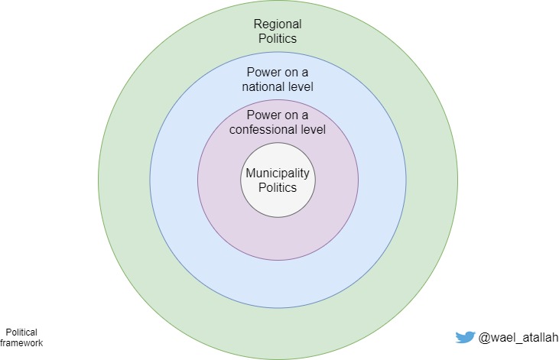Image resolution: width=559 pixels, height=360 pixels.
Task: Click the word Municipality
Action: (x=278, y=173)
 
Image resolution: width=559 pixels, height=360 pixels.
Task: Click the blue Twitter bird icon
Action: (x=464, y=337)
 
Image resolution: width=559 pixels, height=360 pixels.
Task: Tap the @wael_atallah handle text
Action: (x=518, y=337)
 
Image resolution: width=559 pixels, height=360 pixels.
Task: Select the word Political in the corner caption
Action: (x=21, y=332)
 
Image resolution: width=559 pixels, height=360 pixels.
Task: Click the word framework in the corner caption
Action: (x=21, y=343)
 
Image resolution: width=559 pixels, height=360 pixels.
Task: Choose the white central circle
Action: (x=278, y=200)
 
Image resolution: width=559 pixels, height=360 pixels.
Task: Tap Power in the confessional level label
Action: (x=261, y=115)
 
